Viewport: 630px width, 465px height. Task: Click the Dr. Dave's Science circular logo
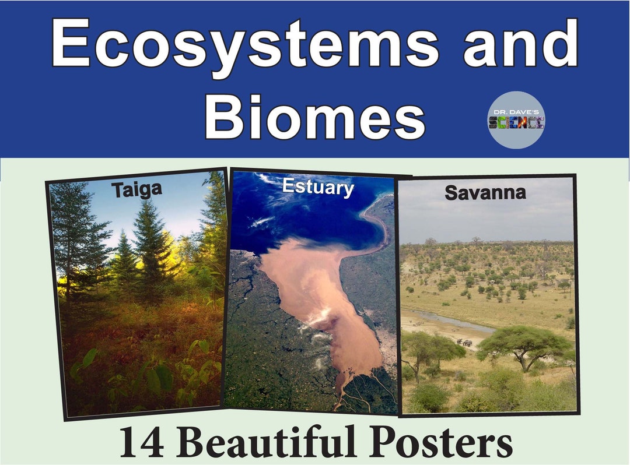point(516,121)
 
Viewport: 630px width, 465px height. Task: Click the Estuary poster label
point(317,187)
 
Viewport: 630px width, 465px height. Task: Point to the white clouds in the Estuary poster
point(262,220)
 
